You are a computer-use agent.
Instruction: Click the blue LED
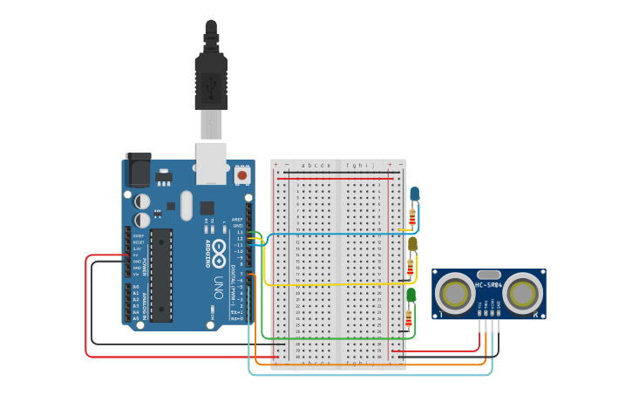pyautogui.click(x=415, y=193)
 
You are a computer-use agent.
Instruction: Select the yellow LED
pyautogui.click(x=412, y=243)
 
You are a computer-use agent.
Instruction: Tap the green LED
pyautogui.click(x=411, y=296)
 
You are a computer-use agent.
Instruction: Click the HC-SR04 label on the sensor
pyautogui.click(x=489, y=285)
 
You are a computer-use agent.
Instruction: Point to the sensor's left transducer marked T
pyautogui.click(x=454, y=292)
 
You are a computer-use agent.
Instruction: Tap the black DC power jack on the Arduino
pyautogui.click(x=138, y=170)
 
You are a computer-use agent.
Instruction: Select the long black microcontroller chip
pyautogui.click(x=161, y=274)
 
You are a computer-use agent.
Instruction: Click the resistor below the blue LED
pyautogui.click(x=412, y=215)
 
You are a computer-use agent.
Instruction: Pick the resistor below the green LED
pyautogui.click(x=408, y=318)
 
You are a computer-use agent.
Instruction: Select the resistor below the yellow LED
pyautogui.click(x=410, y=267)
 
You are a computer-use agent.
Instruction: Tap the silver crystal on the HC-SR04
pyautogui.click(x=489, y=274)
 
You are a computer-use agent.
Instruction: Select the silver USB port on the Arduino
pyautogui.click(x=211, y=163)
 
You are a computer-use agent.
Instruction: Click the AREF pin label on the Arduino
pyautogui.click(x=237, y=219)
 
